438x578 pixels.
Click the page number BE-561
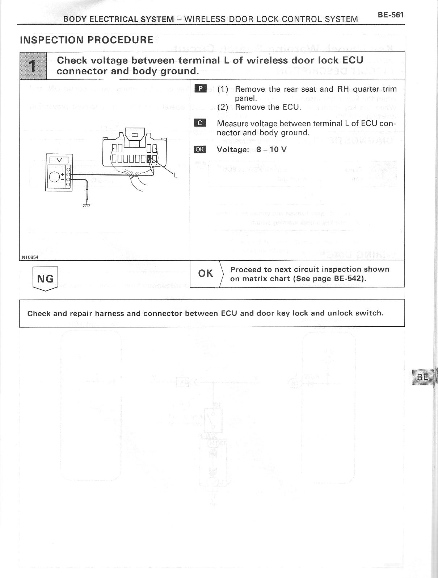(x=390, y=15)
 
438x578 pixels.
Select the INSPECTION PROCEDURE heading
(x=87, y=40)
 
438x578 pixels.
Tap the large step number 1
(x=33, y=66)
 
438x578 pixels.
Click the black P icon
(x=200, y=88)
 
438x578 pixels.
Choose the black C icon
(x=200, y=123)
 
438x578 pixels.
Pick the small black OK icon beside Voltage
(x=200, y=149)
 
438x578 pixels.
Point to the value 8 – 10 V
(x=271, y=149)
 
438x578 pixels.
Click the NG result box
(x=45, y=278)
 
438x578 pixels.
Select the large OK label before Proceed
(x=206, y=273)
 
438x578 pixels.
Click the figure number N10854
(x=30, y=257)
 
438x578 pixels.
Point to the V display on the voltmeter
(x=59, y=160)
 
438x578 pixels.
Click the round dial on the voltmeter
(x=55, y=177)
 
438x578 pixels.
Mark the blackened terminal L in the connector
(x=148, y=158)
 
